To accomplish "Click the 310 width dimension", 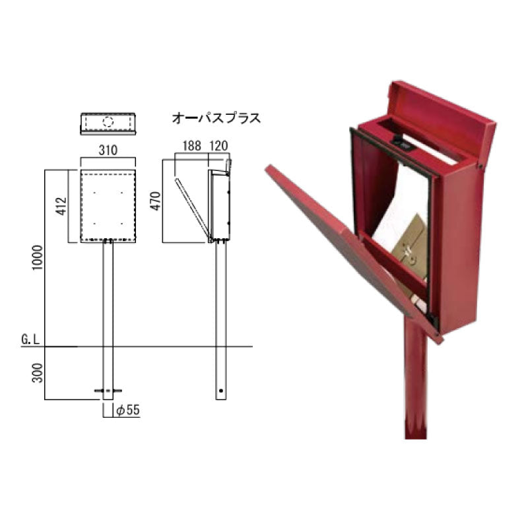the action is [x=108, y=150].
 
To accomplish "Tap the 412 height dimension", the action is [x=61, y=206].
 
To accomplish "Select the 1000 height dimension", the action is [x=38, y=257].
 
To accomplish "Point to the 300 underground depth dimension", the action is [x=38, y=373].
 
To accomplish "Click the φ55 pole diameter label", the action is [x=127, y=410].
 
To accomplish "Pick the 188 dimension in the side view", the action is [x=192, y=146].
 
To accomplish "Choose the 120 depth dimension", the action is [x=219, y=146].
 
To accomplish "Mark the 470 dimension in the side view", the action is [x=156, y=201].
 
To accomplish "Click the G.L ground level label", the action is [x=30, y=339].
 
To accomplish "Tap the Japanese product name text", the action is [x=216, y=119].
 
